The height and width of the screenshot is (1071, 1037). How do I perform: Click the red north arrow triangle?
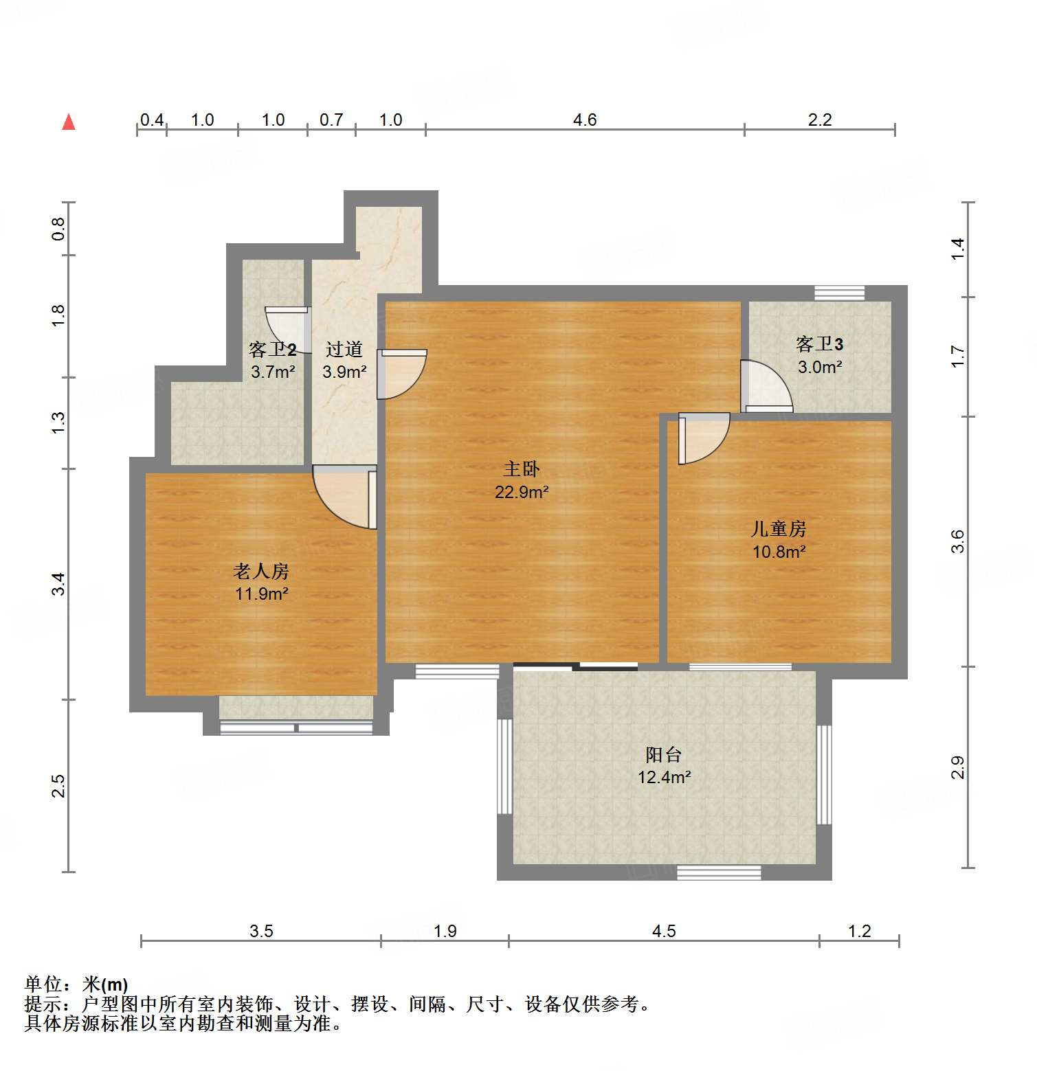(x=69, y=122)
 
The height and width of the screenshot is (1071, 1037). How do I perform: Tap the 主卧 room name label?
(x=521, y=469)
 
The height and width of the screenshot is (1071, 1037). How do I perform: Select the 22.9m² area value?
(x=521, y=492)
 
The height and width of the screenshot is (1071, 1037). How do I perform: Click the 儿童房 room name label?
(x=778, y=528)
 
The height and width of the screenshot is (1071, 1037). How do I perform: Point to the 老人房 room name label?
(x=261, y=571)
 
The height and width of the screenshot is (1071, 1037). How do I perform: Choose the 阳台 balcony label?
(x=663, y=754)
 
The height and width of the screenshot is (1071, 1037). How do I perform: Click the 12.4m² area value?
(x=664, y=777)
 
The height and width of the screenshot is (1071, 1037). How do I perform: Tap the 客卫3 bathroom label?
(x=819, y=343)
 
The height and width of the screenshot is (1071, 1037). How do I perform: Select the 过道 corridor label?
(x=344, y=349)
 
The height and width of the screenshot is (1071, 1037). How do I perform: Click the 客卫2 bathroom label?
(x=272, y=349)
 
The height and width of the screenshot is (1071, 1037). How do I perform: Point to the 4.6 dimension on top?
(x=584, y=120)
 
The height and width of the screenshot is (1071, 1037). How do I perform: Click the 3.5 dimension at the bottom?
(x=261, y=931)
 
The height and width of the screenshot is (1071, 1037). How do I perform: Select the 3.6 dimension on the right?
(x=957, y=541)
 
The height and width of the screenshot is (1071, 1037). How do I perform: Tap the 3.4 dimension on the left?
(x=59, y=584)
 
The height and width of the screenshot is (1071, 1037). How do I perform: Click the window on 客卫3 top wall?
(x=839, y=293)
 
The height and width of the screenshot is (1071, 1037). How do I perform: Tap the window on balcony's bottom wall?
(x=719, y=872)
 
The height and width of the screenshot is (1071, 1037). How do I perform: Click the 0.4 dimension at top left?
(x=151, y=120)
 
